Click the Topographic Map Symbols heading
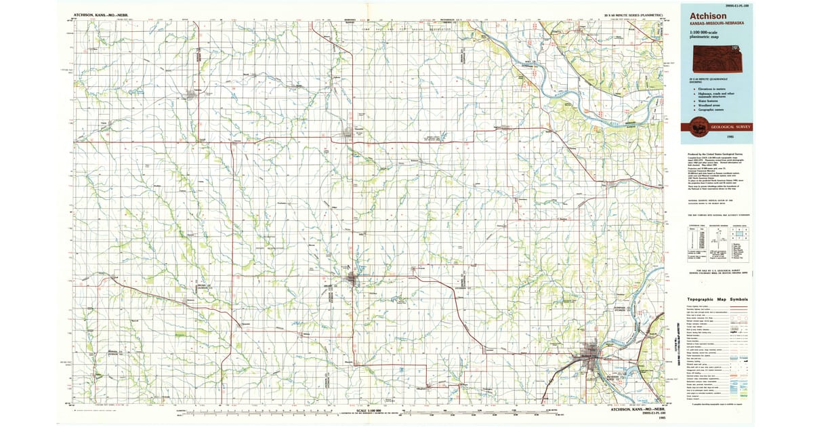[717, 299]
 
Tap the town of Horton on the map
[352, 278]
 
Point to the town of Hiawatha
[352, 132]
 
